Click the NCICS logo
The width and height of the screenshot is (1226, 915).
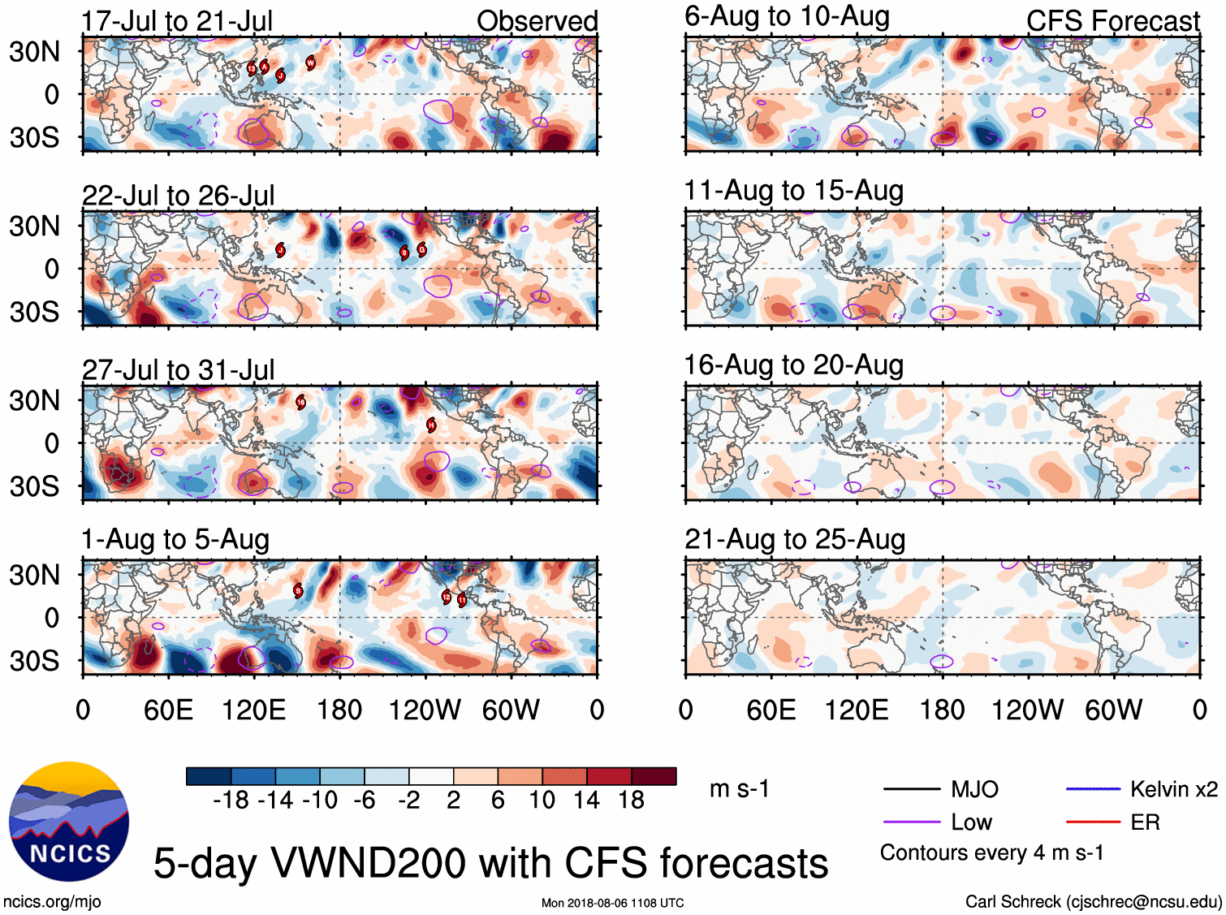(x=69, y=822)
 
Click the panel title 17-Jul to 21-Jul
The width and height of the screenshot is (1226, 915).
(x=177, y=21)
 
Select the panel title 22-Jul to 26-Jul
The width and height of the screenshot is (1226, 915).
(x=178, y=196)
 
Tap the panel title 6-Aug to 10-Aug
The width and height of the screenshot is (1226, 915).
(x=787, y=16)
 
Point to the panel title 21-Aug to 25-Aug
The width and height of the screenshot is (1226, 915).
(x=795, y=539)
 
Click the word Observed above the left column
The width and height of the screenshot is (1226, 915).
(x=537, y=21)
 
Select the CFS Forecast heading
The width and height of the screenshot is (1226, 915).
(x=1112, y=21)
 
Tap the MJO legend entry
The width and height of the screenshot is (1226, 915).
(x=974, y=789)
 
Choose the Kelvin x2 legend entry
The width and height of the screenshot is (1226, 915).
(x=1173, y=789)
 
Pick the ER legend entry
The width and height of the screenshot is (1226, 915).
(x=1145, y=822)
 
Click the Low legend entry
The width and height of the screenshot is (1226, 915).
(x=971, y=822)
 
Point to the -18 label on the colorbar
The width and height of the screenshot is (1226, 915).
(x=231, y=801)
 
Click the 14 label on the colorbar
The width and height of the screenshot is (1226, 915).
(x=586, y=801)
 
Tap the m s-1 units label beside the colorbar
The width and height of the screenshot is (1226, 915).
(x=739, y=788)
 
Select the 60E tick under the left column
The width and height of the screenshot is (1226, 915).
(x=168, y=710)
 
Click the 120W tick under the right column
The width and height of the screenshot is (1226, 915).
(x=1027, y=710)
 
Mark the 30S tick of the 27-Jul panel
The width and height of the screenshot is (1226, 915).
(x=34, y=486)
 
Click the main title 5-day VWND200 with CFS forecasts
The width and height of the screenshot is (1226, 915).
(x=490, y=862)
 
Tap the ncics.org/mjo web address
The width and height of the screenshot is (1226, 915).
(x=52, y=901)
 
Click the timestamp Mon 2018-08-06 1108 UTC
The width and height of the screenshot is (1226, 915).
(x=612, y=903)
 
